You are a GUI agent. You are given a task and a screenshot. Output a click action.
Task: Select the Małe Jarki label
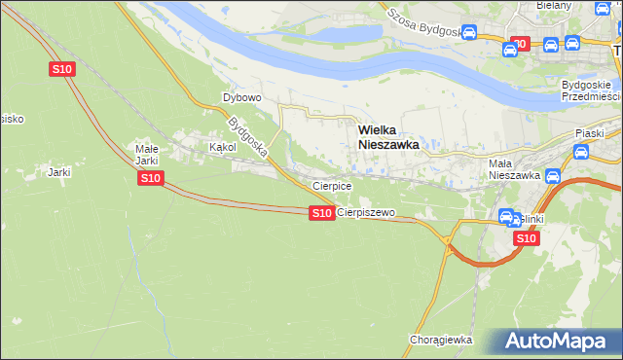coord(146,155)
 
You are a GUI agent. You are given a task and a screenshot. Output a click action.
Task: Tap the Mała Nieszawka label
coord(513,170)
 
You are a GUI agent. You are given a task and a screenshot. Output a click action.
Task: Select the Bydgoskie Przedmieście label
coord(590,90)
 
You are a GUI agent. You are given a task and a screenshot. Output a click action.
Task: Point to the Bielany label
coord(554,6)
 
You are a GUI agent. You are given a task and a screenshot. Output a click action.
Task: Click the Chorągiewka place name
coord(441,340)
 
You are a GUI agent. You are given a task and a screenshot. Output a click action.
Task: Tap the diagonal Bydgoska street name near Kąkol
coord(247,137)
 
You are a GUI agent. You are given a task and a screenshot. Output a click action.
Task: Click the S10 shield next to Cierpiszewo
coord(321,213)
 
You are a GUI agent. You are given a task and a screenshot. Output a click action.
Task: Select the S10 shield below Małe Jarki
coord(150,178)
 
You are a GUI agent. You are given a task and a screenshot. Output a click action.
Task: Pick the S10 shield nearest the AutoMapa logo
coord(526,237)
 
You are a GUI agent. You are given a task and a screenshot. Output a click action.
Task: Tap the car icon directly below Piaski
coord(581,152)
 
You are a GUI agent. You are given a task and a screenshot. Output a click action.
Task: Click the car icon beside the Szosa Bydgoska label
coord(468,34)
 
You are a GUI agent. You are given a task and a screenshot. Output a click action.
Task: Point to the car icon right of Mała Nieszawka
coord(553,176)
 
